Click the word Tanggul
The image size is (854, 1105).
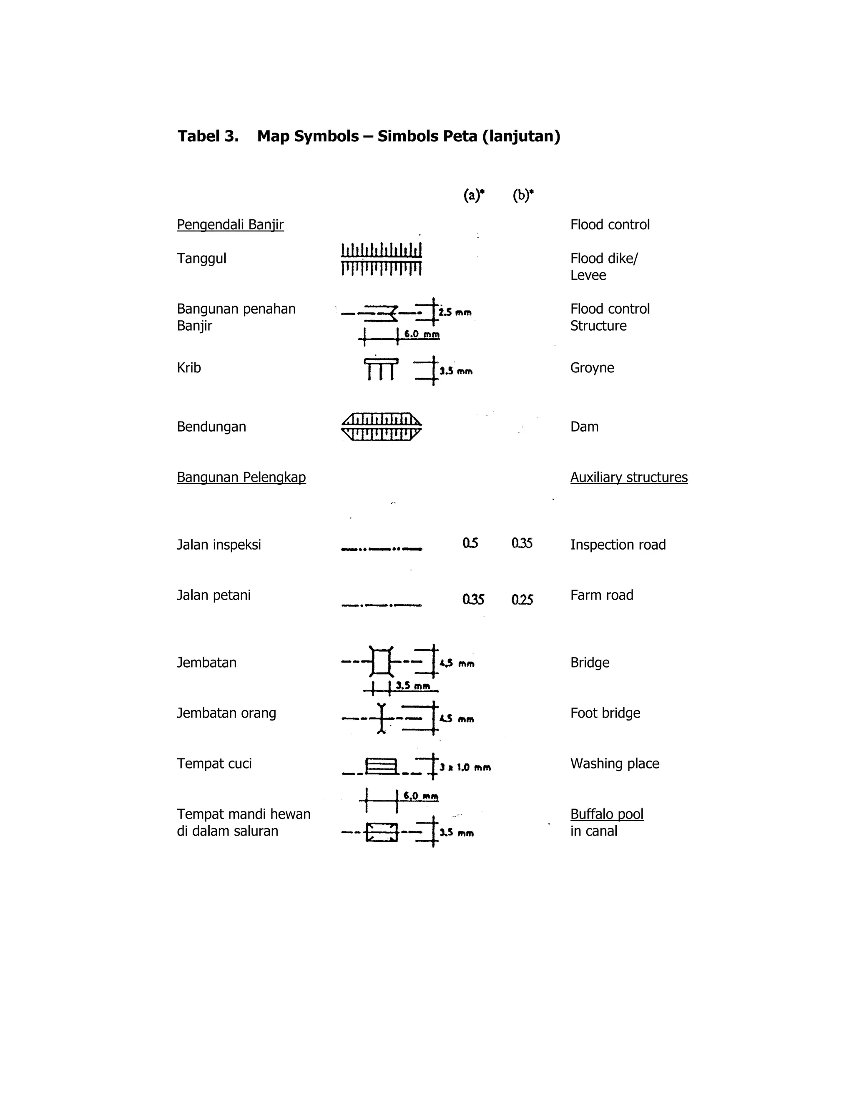(201, 259)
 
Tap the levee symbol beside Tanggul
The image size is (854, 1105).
(382, 259)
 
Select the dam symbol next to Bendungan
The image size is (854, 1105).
(382, 427)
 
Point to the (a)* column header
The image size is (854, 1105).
(474, 195)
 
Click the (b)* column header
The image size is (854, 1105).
(522, 195)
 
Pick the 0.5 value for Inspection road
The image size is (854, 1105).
(470, 543)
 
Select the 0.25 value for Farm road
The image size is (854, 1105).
(522, 600)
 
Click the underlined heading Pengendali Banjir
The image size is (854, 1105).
(230, 225)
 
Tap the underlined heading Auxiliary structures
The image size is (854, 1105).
(629, 477)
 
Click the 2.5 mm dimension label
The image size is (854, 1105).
(455, 313)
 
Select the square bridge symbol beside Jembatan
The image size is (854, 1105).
(382, 662)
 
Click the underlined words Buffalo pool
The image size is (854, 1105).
(607, 814)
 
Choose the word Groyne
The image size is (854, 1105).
(592, 368)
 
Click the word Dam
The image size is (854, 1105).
(584, 427)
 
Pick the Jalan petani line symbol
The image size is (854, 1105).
(382, 605)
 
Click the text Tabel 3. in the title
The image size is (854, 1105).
(208, 137)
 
